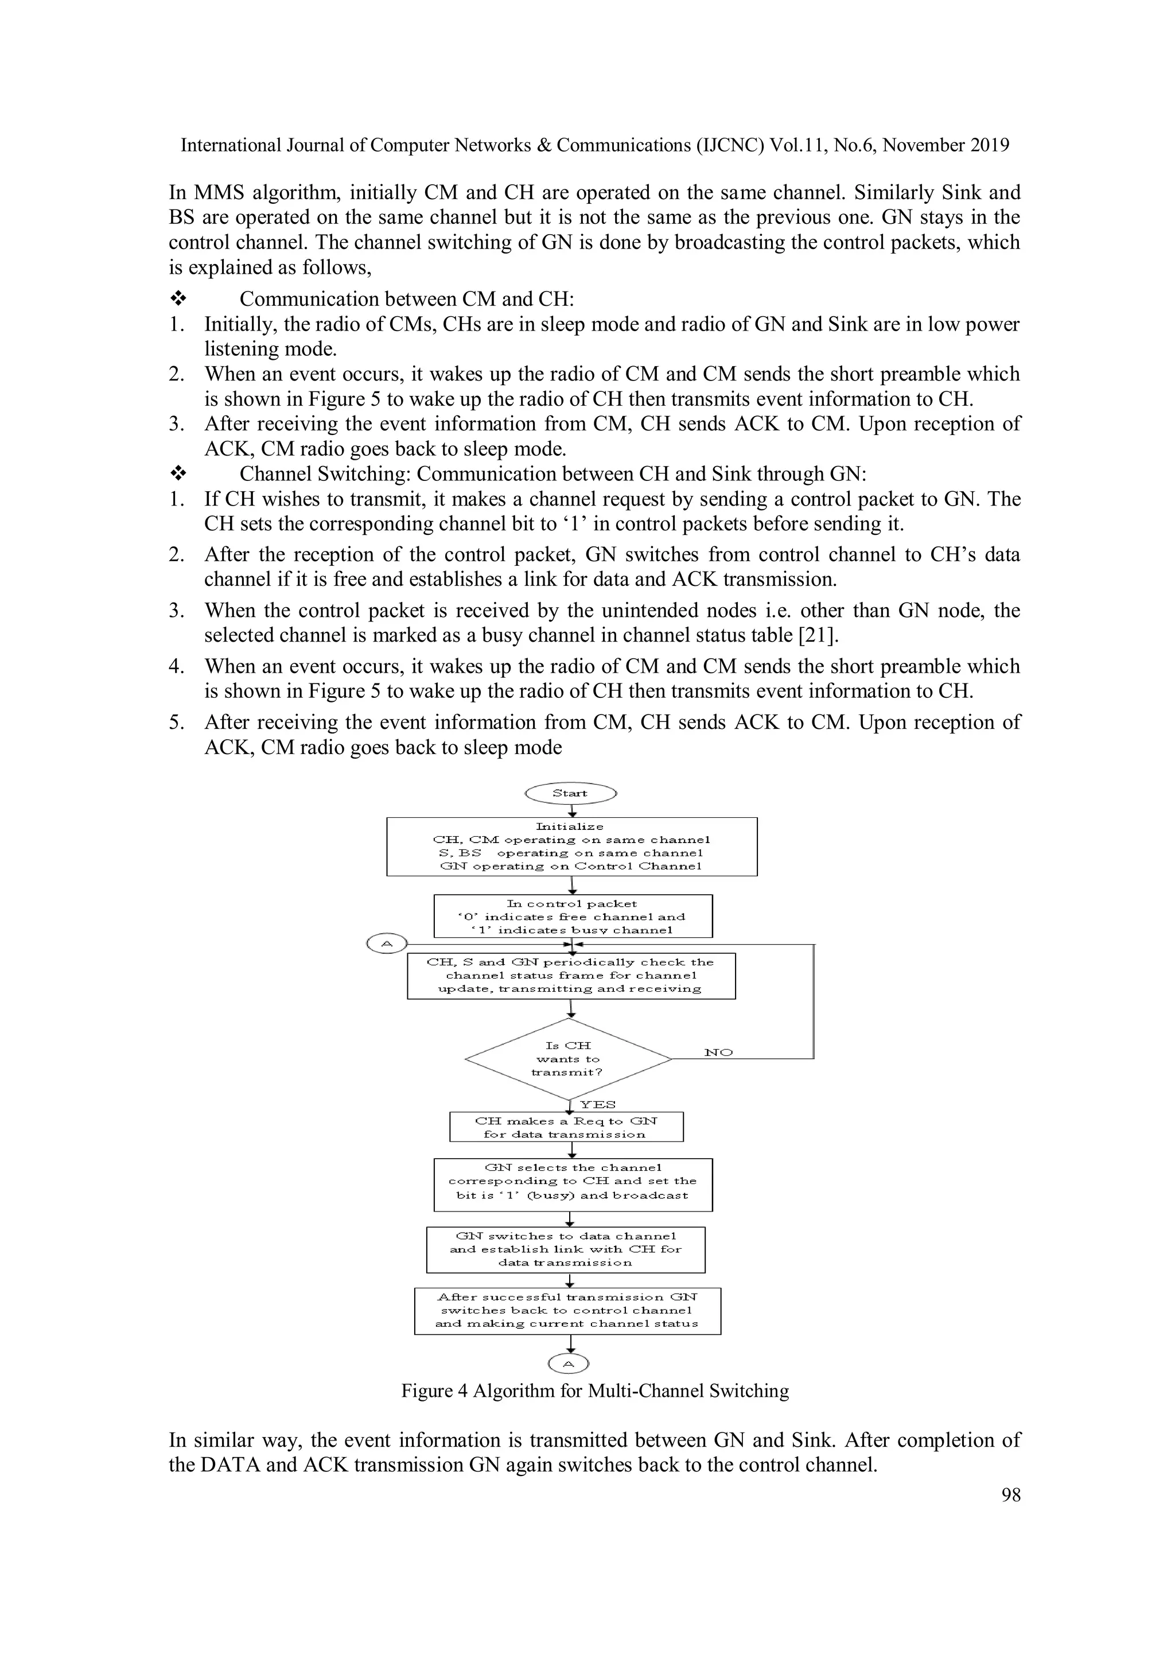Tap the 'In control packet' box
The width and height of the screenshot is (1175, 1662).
pyautogui.click(x=573, y=917)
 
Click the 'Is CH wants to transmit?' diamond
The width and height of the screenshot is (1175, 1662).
pyautogui.click(x=569, y=1059)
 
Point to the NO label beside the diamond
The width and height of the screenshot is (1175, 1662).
pyautogui.click(x=718, y=1053)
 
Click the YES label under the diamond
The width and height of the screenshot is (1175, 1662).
pyautogui.click(x=598, y=1105)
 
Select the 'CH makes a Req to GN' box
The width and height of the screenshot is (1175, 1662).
pyautogui.click(x=566, y=1127)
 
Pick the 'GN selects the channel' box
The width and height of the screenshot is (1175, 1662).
pyautogui.click(x=573, y=1185)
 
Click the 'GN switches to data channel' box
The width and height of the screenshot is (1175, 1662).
pyautogui.click(x=565, y=1249)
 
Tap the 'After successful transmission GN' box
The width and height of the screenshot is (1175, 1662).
pyautogui.click(x=567, y=1310)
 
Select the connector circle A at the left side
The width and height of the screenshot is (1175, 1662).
pyautogui.click(x=386, y=943)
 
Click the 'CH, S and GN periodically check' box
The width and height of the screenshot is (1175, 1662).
pyautogui.click(x=571, y=976)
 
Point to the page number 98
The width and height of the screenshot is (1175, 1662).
pyautogui.click(x=1011, y=1495)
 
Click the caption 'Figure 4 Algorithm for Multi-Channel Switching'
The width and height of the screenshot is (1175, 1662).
pyautogui.click(x=595, y=1391)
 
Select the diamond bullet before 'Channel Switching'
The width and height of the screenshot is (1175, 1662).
pyautogui.click(x=178, y=474)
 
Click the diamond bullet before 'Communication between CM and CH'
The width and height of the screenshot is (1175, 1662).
pyautogui.click(x=178, y=299)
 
